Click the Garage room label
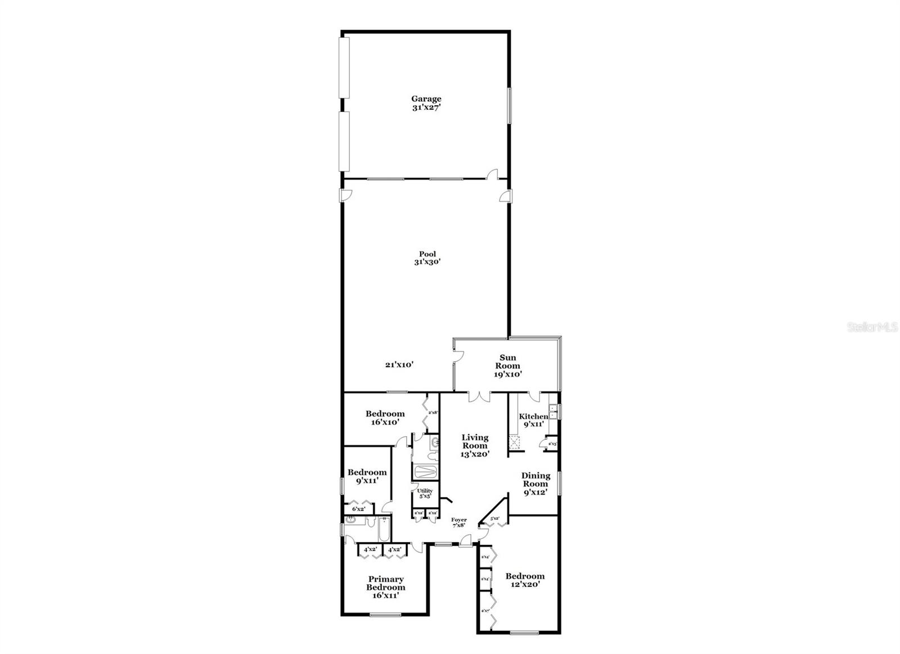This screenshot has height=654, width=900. (x=426, y=103)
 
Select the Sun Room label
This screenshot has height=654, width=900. (x=507, y=366)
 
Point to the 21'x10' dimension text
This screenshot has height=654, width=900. (x=399, y=364)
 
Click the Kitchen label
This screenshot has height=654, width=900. (x=533, y=420)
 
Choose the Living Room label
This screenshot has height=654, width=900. (x=475, y=445)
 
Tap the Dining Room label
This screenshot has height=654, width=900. (x=535, y=484)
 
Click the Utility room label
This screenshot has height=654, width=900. (x=425, y=493)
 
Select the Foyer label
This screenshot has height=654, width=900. (x=459, y=522)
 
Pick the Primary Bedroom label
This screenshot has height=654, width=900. (x=386, y=587)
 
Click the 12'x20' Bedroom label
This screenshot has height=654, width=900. (x=524, y=580)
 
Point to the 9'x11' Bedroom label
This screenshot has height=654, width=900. (x=367, y=476)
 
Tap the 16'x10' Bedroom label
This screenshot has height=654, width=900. (x=385, y=418)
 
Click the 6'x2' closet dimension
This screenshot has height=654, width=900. (x=359, y=509)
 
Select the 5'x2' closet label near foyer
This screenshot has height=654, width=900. (x=495, y=518)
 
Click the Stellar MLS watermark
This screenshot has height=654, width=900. (x=872, y=327)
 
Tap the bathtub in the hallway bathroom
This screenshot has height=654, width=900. (x=422, y=471)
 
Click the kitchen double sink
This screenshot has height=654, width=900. (x=553, y=412)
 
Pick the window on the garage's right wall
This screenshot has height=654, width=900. (x=510, y=105)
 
